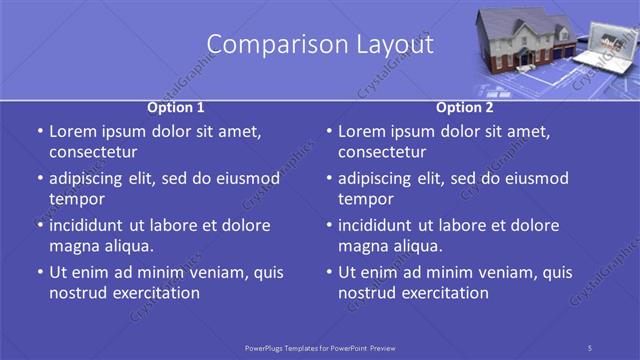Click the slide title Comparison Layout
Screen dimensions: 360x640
coord(320,45)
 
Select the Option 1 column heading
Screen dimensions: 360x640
coord(176,107)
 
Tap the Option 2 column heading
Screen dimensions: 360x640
coord(465,107)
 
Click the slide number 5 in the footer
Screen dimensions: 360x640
coord(590,347)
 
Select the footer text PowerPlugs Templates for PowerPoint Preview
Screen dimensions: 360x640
coord(320,347)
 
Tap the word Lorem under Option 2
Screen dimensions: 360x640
coord(363,131)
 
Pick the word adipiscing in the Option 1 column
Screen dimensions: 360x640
coord(94,178)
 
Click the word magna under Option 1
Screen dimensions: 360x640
coord(73,246)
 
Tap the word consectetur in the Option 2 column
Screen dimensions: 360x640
coord(382,152)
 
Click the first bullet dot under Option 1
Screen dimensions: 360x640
coord(40,132)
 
